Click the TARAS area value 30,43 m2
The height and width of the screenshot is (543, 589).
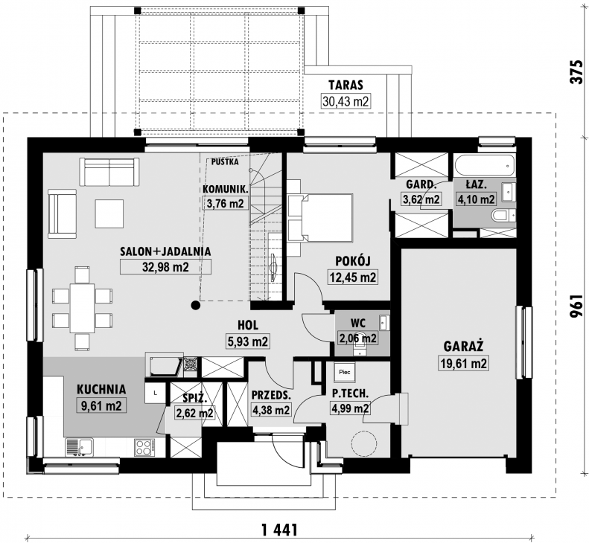pyautogui.click(x=346, y=101)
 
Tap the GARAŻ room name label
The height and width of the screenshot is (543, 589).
pyautogui.click(x=463, y=346)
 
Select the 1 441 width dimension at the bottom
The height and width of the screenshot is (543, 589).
pyautogui.click(x=279, y=530)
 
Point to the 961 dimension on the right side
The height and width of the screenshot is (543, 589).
pyautogui.click(x=576, y=305)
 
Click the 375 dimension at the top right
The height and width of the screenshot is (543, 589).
pyautogui.click(x=576, y=71)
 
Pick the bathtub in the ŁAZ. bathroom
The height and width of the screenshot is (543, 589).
pyautogui.click(x=485, y=165)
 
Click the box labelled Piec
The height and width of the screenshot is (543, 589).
pyautogui.click(x=345, y=372)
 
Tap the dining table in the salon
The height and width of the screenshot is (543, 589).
pyautogui.click(x=82, y=308)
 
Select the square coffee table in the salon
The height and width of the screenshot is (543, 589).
pyautogui.click(x=109, y=213)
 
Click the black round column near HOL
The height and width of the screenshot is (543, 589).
pyautogui.click(x=195, y=305)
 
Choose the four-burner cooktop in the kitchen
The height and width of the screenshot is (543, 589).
pyautogui.click(x=144, y=447)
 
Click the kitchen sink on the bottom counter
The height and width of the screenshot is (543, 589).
pyautogui.click(x=79, y=447)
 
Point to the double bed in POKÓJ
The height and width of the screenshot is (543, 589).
pyautogui.click(x=320, y=217)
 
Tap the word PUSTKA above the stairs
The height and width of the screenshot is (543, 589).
pyautogui.click(x=225, y=162)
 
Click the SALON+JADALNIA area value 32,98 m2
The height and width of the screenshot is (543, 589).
pyautogui.click(x=165, y=266)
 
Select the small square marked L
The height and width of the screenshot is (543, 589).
pyautogui.click(x=156, y=393)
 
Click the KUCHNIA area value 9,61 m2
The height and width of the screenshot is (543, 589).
pyautogui.click(x=101, y=405)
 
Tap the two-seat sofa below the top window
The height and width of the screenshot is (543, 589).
pyautogui.click(x=109, y=172)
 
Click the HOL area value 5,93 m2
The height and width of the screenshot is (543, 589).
pyautogui.click(x=248, y=341)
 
